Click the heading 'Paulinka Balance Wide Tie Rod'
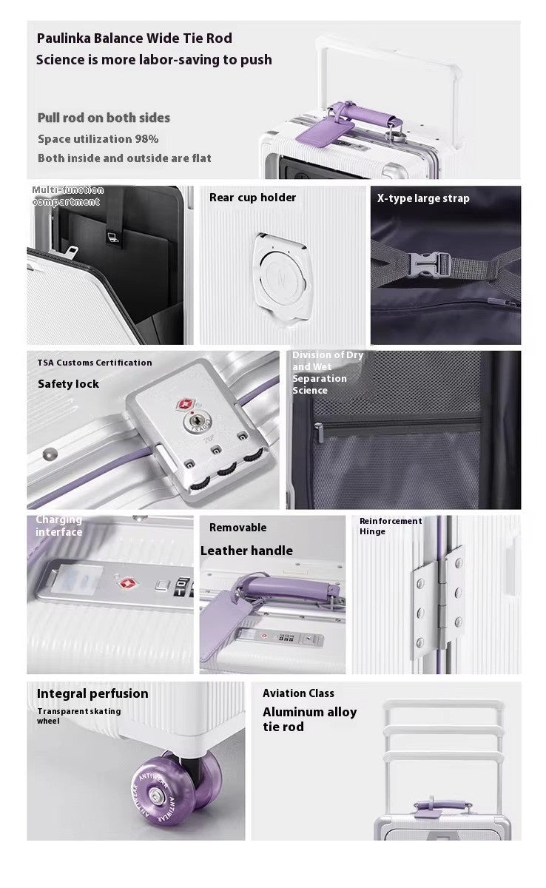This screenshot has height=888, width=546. coord(134,38)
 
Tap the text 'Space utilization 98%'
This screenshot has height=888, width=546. coord(98,138)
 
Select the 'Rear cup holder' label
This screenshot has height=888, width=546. coord(252,198)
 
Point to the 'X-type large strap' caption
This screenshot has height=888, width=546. coord(423,198)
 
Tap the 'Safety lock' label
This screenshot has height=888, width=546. coord(68,383)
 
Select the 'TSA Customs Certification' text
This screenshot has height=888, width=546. coord(95,363)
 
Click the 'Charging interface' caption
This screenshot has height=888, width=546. coord(59,526)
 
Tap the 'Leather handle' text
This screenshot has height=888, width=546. coord(246,551)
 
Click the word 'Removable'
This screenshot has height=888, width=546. coord(237,528)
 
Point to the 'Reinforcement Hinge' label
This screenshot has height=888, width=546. coord(390,526)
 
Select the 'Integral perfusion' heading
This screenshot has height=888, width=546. coord(92,693)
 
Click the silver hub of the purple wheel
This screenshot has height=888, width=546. coord(156,795)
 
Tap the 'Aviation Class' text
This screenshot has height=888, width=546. coord(298,693)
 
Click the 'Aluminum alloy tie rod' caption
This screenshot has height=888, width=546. coord(309,719)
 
